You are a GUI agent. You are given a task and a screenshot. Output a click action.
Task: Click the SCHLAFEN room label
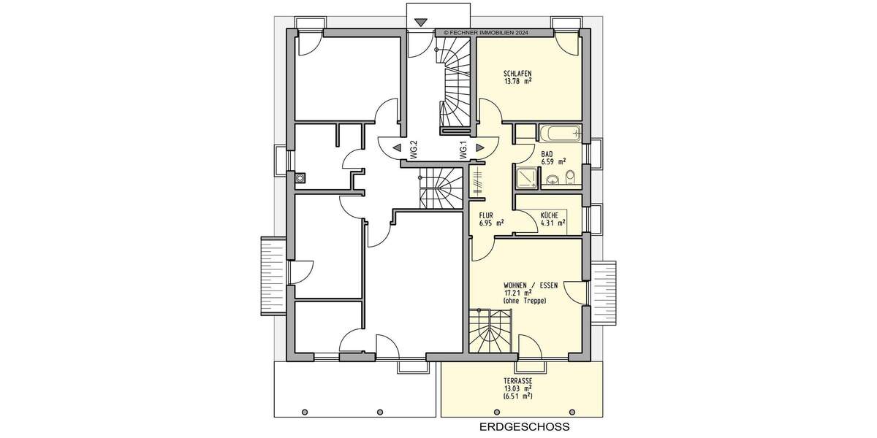pyautogui.click(x=517, y=74)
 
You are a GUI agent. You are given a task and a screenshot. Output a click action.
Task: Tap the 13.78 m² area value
pyautogui.click(x=517, y=82)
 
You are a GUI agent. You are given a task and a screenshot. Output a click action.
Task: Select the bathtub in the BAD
pyautogui.click(x=559, y=134)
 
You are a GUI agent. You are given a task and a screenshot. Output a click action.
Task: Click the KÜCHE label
pyautogui.click(x=550, y=215)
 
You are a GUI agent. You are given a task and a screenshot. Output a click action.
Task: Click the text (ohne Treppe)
pyautogui.click(x=525, y=301)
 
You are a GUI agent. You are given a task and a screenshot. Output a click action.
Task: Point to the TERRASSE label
pyautogui.click(x=517, y=382)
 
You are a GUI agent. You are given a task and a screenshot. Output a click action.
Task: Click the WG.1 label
pyautogui.click(x=463, y=150)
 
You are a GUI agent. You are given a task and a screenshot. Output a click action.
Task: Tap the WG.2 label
pyautogui.click(x=414, y=150)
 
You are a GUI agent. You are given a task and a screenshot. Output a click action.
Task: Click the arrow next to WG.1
pyautogui.click(x=479, y=147)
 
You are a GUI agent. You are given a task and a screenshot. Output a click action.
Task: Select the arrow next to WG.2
pyautogui.click(x=396, y=147)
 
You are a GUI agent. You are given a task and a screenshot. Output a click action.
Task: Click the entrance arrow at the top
pyautogui.click(x=420, y=23)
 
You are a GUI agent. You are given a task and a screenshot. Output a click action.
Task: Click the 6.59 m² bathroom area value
pyautogui.click(x=553, y=162)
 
